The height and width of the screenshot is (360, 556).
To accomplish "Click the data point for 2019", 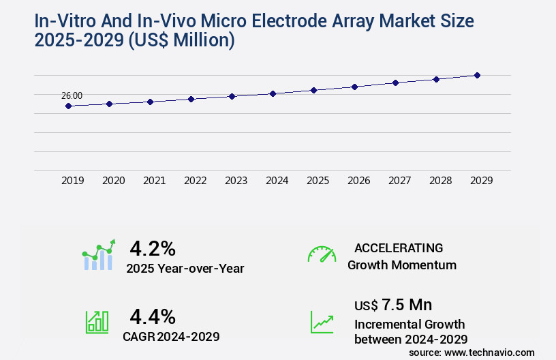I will point(68,106).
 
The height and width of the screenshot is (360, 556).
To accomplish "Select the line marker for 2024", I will point(273,93).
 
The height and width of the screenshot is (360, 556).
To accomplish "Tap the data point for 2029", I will point(477,75).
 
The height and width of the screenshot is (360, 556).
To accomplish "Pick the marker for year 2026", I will point(354,87).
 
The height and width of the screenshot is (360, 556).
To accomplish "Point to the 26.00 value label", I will point(72,96).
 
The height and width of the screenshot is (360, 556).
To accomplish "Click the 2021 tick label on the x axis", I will point(154,181).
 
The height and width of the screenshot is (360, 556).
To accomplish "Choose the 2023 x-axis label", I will point(236,181).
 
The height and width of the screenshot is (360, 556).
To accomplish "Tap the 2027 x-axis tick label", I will point(399,181).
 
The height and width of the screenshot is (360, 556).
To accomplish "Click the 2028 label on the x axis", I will point(440,181).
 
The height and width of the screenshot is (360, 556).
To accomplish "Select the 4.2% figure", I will point(153,248).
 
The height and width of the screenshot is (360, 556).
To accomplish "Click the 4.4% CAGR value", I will point(153,316).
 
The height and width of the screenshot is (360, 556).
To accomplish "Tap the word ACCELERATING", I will point(399,248).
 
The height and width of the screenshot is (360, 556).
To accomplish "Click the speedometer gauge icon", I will point(322,254).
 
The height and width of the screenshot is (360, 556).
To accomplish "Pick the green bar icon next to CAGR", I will point(97,322).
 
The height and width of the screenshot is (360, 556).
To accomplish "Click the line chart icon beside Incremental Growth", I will point(322,322).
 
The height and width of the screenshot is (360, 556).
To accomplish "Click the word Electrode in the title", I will point(284,20).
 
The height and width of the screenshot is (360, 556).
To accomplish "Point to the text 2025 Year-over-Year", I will point(185,269).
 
